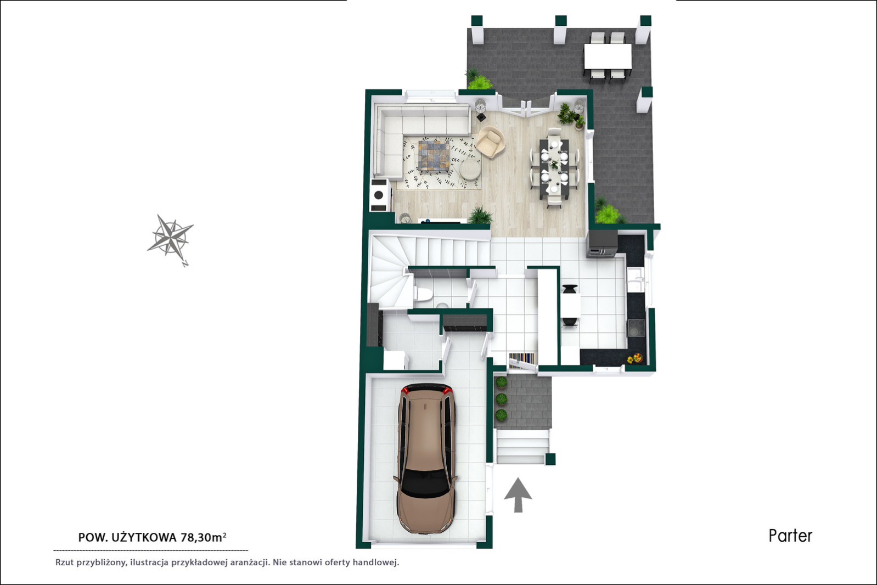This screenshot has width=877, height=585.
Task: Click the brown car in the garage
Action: [425, 459]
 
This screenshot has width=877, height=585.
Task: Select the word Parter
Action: [790, 536]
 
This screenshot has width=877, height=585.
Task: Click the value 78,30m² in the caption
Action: [203, 537]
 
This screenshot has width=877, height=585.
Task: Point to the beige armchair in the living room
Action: [490, 142]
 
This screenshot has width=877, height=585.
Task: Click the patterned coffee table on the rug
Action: [434, 156]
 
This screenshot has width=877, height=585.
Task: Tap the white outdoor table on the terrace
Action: [608, 56]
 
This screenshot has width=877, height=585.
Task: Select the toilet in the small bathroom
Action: [423, 294]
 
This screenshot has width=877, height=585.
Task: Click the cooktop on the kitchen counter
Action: [637, 328]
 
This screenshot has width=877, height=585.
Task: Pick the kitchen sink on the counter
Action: [636, 279]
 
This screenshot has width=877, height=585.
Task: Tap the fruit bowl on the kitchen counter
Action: [635, 358]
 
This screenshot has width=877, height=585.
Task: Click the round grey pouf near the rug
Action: [470, 170]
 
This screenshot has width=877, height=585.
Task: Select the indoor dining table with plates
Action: [554, 167]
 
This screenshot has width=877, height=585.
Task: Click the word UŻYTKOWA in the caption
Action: [144, 538]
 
